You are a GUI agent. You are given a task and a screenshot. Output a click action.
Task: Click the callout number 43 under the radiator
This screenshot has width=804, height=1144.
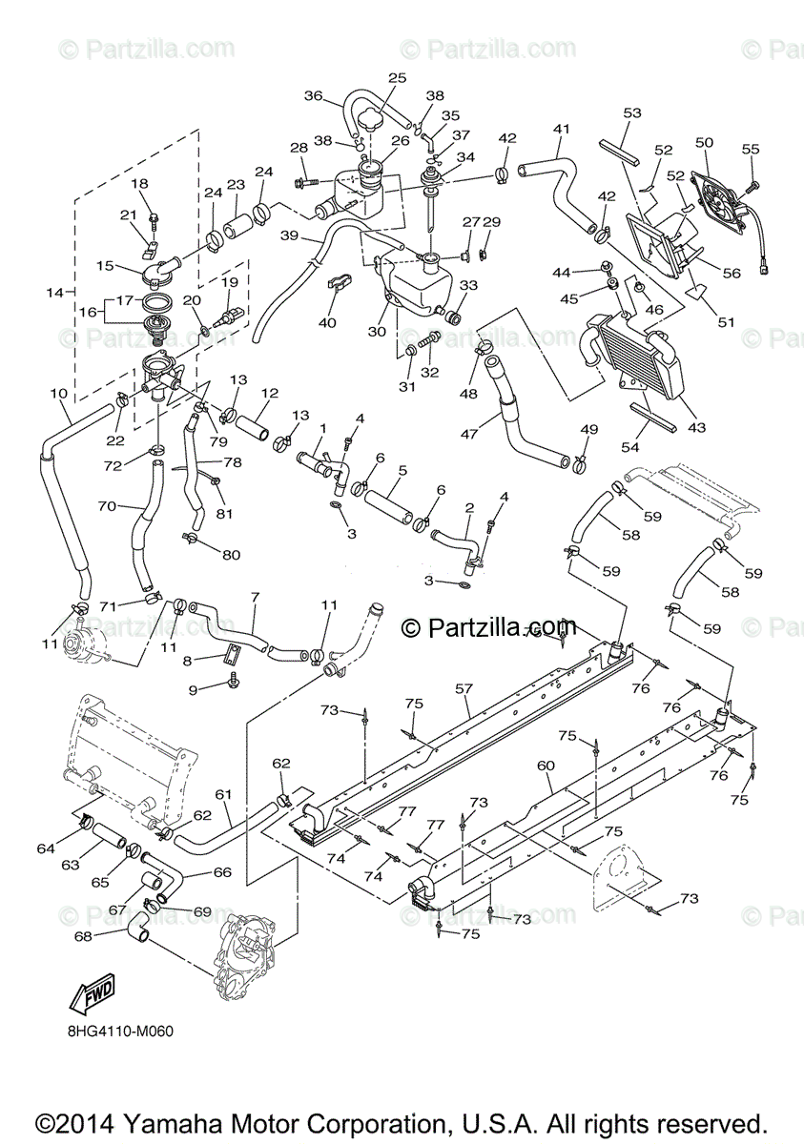697,428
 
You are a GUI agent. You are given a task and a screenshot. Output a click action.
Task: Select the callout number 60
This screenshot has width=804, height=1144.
546,766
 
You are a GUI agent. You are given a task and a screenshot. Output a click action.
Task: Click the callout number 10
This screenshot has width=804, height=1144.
58,393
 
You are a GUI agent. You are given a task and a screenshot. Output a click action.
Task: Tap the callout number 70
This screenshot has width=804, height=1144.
107,507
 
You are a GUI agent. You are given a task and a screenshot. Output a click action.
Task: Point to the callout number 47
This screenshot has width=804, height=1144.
468,435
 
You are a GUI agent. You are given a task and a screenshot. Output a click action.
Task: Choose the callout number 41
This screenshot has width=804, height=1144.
561,130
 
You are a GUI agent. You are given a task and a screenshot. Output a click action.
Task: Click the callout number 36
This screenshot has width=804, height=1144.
314,95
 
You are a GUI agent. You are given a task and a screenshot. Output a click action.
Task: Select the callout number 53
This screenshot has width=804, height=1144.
632,113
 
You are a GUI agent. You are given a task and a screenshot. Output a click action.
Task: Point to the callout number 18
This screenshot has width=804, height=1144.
140,183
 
